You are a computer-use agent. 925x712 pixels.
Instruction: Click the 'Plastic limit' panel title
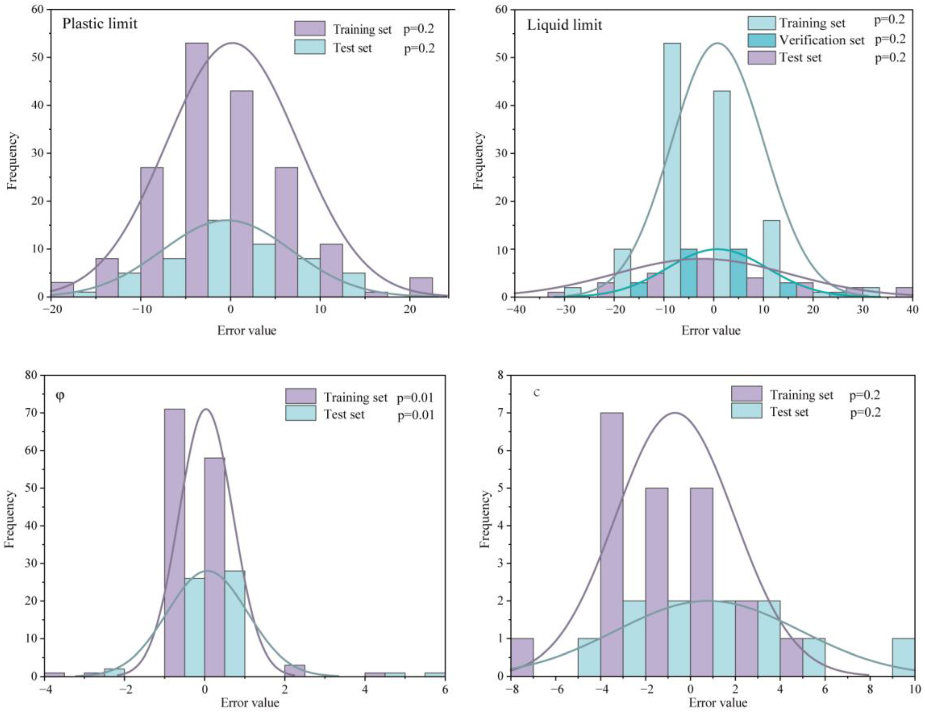(x=100, y=23)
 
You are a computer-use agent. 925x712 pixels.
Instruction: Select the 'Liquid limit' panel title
(x=564, y=25)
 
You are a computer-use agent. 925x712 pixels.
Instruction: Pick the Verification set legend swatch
(x=761, y=40)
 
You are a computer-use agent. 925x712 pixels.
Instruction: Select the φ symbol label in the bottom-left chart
(x=60, y=397)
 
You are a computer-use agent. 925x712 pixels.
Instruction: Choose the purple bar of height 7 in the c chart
(x=612, y=529)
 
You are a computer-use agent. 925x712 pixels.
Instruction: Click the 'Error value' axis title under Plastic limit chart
(x=247, y=330)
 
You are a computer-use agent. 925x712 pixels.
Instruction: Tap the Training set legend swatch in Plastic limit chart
(x=310, y=29)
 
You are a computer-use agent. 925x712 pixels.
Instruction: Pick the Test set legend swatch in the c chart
(x=746, y=411)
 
